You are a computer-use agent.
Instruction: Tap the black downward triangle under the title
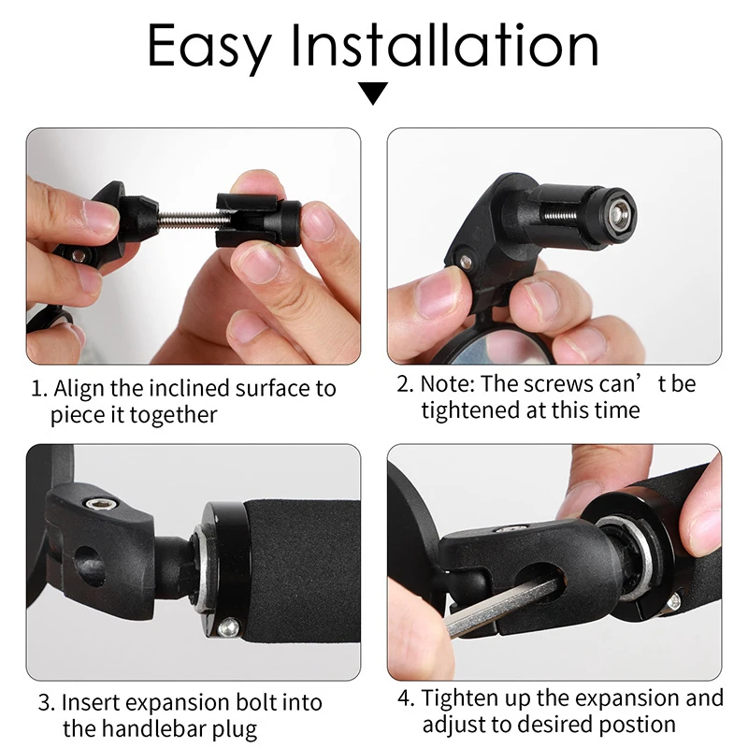click(374, 93)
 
